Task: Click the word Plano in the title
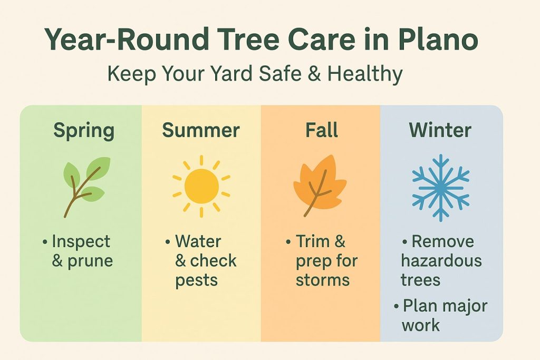(x=438, y=40)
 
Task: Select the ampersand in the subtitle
(x=314, y=73)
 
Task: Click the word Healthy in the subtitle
(x=365, y=74)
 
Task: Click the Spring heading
(x=84, y=131)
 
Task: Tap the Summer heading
(x=201, y=130)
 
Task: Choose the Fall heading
(x=322, y=130)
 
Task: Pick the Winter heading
(x=440, y=130)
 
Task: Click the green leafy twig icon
(x=86, y=186)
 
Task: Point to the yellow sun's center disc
(x=201, y=186)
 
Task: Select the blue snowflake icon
(x=441, y=188)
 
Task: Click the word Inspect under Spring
(x=81, y=242)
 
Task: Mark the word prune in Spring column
(x=90, y=261)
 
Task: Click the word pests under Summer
(x=196, y=280)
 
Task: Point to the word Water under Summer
(x=198, y=241)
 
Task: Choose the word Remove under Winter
(x=443, y=241)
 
